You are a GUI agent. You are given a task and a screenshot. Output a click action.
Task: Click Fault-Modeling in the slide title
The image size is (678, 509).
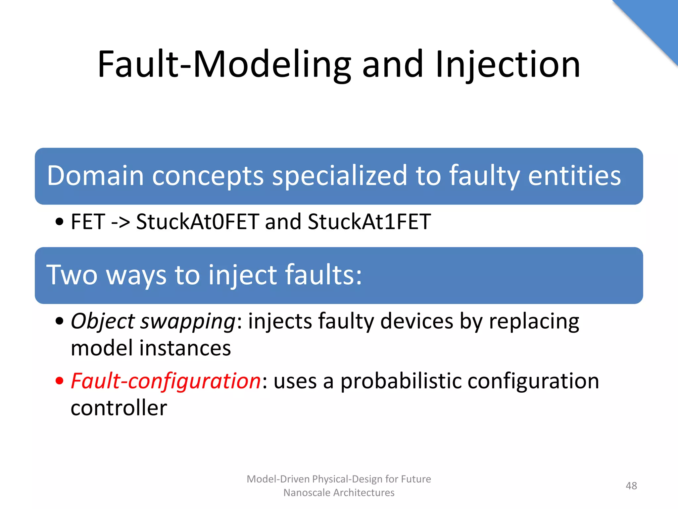(224, 65)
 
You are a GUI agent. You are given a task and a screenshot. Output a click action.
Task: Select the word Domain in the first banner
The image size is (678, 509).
(95, 176)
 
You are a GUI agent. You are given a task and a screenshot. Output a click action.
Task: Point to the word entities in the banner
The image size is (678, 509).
(574, 176)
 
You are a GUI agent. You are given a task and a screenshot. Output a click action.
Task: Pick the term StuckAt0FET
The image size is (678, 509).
(198, 222)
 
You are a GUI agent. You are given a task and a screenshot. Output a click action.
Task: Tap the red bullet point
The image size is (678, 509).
(59, 381)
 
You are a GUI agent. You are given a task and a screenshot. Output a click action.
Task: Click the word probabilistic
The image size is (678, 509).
(401, 381)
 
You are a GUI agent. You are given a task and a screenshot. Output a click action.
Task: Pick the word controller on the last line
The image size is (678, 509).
(119, 408)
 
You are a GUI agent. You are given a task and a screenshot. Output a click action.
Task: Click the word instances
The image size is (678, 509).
(185, 348)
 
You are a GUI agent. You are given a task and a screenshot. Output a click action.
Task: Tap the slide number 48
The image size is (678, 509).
(631, 486)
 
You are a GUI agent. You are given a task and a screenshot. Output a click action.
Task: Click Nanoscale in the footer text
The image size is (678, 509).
(307, 493)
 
